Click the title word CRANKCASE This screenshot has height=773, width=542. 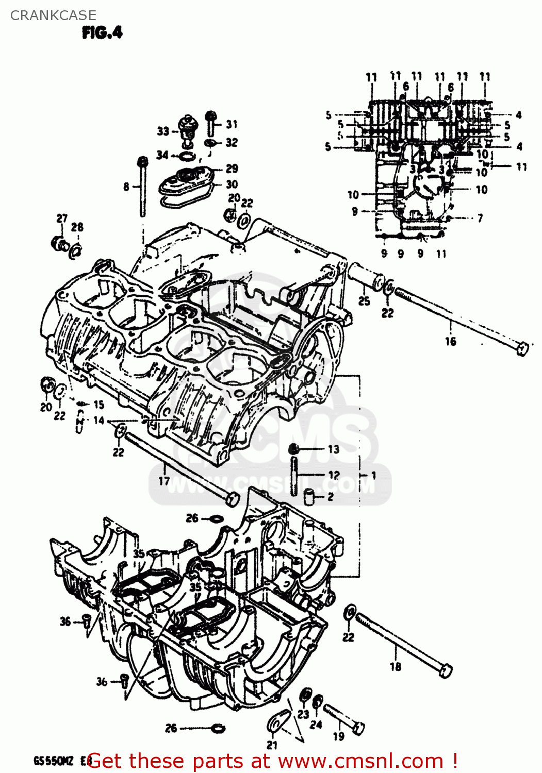click(53, 15)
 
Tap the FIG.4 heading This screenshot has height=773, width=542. click(102, 33)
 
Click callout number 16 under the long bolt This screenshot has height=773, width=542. click(451, 341)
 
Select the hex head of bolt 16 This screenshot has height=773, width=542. click(522, 349)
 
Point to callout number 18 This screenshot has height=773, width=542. click(396, 666)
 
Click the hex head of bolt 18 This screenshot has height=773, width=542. click(445, 670)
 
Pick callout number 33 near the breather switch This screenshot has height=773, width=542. click(163, 131)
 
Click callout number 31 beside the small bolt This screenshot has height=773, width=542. click(232, 124)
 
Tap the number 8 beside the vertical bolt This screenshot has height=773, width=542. click(126, 187)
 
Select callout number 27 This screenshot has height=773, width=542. click(62, 219)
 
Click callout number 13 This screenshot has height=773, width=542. click(334, 449)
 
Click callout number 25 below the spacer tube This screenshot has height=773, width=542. click(364, 301)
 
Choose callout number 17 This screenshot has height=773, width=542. click(164, 481)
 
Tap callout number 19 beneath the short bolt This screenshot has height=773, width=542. click(338, 736)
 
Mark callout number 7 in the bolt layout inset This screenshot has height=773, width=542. click(480, 219)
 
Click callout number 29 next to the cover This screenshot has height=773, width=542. click(232, 169)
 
